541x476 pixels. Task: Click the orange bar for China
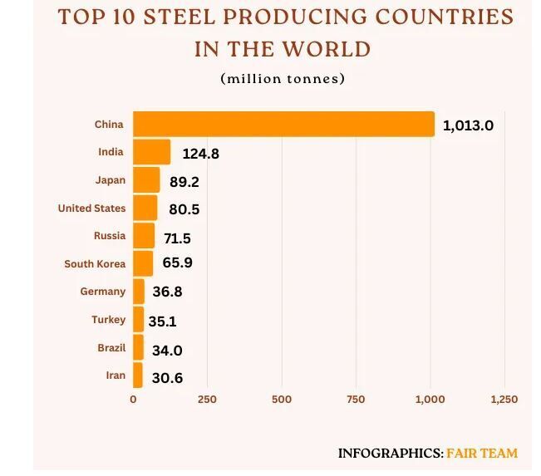(283, 125)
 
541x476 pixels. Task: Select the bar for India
(152, 152)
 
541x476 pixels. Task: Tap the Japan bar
(146, 180)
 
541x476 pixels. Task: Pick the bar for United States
(145, 209)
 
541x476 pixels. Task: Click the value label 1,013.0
(468, 126)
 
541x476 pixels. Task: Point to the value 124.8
(200, 154)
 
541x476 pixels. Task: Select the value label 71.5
(177, 238)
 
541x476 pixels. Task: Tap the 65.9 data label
(177, 265)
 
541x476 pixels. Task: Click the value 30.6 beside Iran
(167, 378)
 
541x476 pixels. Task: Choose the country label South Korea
(95, 264)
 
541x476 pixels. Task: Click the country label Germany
(103, 292)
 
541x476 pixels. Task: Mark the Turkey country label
(109, 320)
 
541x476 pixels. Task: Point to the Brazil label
(111, 348)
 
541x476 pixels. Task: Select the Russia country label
(110, 236)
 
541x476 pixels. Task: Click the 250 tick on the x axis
(207, 400)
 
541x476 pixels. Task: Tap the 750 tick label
(356, 400)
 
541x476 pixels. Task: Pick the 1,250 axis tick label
(504, 400)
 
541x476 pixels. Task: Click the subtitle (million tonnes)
(283, 79)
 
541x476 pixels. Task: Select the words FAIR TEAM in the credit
(482, 454)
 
